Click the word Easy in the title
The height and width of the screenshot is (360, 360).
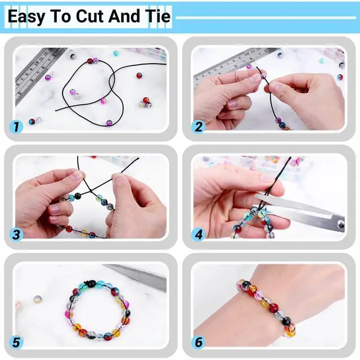[x=26, y=17]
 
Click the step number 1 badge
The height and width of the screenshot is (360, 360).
[x=16, y=127]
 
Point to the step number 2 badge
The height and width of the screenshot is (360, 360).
[x=198, y=127]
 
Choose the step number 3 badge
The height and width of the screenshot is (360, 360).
[x=16, y=235]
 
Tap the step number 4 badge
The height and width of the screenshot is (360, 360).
[x=198, y=235]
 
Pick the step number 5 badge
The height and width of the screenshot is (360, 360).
[x=16, y=343]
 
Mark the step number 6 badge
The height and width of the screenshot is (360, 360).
[x=198, y=343]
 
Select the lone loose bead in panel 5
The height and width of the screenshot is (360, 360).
[x=38, y=299]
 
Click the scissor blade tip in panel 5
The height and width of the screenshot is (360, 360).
[x=103, y=265]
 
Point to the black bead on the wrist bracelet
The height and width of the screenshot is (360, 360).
[x=286, y=321]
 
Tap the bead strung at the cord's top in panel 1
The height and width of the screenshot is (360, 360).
[x=90, y=61]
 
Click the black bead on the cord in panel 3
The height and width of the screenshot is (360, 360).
[x=78, y=196]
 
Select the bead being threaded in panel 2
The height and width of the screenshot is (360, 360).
[x=263, y=75]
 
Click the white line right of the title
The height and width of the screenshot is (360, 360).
[x=266, y=17]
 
